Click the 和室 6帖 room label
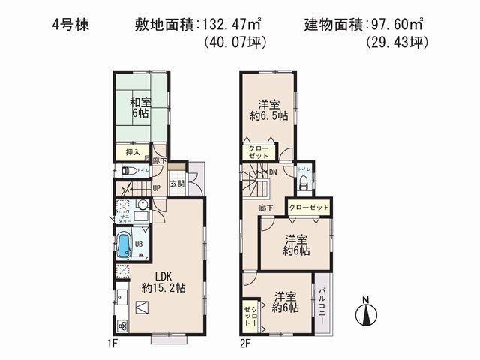135,107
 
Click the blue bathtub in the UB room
124,245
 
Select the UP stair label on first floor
157,188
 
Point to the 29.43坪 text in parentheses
397,43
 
